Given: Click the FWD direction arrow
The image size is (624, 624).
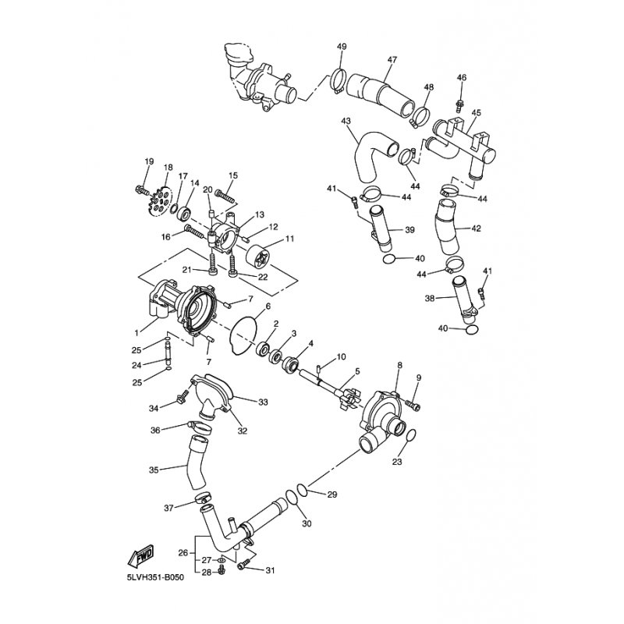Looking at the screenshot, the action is point(140,556).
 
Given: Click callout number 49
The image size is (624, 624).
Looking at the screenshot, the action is point(342,47).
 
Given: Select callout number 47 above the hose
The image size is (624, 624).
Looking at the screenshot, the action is point(392,60).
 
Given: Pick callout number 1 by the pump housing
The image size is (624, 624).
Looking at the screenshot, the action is point(136,331).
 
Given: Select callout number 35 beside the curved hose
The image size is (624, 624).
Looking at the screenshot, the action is point(154,470).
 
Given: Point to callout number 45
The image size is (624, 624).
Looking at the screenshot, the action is point(476,112).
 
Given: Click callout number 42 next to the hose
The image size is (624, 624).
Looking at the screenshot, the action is point(476,229).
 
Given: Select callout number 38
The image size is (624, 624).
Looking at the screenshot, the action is point(430,298).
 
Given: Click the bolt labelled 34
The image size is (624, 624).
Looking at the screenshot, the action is point(183,395).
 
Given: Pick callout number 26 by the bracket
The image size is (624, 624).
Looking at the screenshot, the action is point(183,553).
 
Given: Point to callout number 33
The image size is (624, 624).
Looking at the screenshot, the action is point(263,402).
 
